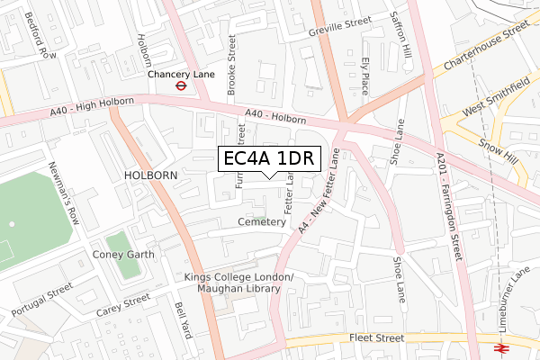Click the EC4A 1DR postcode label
(x=268, y=158)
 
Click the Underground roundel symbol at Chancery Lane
(x=181, y=87)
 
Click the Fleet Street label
(x=378, y=338)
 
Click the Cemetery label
(x=262, y=221)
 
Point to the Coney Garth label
(x=124, y=255)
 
